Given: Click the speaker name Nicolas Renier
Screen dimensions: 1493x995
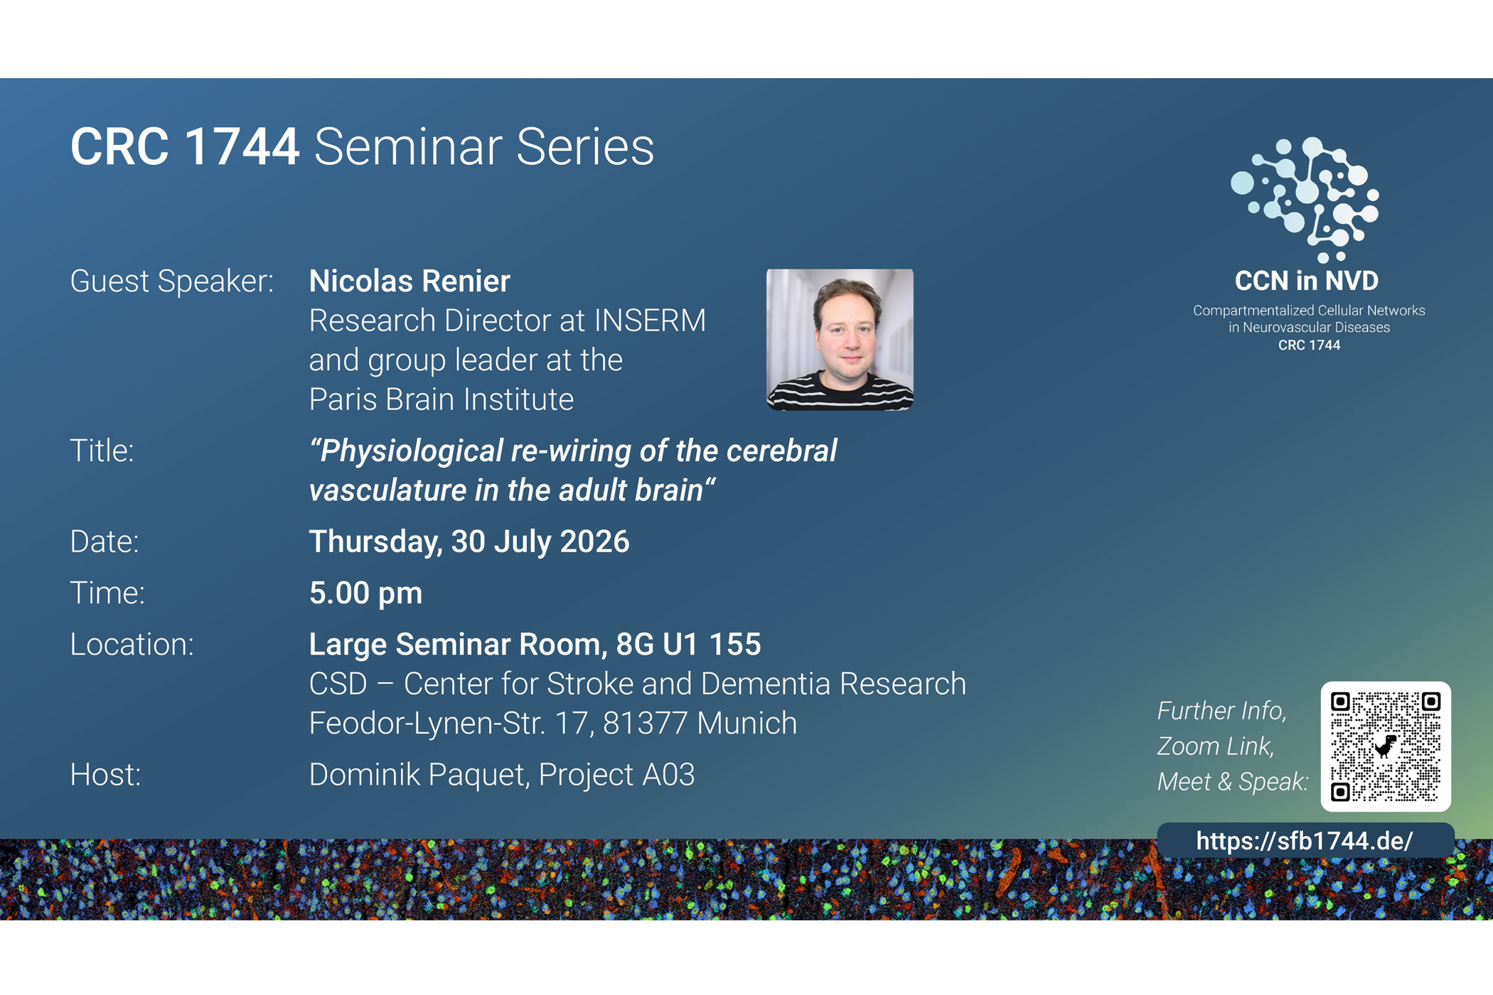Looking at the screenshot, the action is tap(410, 281).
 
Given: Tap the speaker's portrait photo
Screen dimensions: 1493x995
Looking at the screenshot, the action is tap(840, 339).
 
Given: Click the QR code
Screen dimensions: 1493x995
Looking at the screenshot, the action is tap(1386, 746).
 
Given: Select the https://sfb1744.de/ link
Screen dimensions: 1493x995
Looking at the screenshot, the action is tap(1305, 841).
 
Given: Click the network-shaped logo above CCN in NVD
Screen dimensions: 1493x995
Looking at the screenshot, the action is tap(1305, 200).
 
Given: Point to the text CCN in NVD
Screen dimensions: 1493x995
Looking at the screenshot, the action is tap(1307, 281).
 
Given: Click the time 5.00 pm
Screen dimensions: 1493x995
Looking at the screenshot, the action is tap(365, 593).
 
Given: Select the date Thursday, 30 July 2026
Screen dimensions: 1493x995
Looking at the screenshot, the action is tap(469, 542).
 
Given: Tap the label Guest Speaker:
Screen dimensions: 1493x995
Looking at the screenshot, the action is tap(172, 281).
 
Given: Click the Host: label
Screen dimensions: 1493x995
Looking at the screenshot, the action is tap(105, 775).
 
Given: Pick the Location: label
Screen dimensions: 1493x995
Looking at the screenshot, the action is tap(132, 645).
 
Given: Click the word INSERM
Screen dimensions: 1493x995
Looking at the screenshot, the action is tap(650, 321).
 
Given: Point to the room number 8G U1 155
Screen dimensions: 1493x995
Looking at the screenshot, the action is tap(688, 645).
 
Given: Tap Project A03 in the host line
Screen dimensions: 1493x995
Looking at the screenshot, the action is tap(616, 775).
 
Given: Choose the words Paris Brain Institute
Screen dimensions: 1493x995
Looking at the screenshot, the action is tap(442, 399).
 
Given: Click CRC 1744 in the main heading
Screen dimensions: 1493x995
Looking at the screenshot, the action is tap(185, 147).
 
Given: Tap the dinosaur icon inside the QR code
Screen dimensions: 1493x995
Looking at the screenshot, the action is tap(1386, 746).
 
